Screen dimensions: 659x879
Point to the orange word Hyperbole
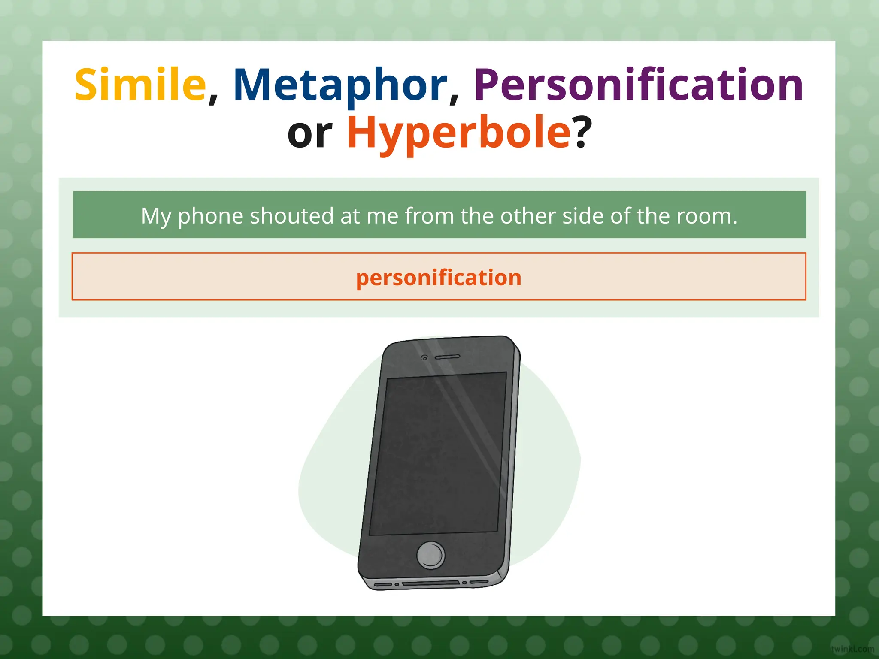[x=458, y=133]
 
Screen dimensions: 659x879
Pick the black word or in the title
[x=310, y=134]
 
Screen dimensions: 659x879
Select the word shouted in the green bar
[x=291, y=215]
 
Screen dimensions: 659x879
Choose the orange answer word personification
[x=439, y=277]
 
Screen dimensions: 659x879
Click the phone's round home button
[x=431, y=555]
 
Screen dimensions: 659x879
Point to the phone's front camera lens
[x=424, y=358]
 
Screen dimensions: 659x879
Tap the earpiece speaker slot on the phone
[x=448, y=357]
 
